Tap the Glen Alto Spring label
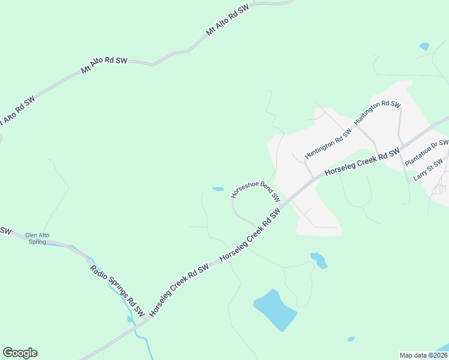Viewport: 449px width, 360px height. coord(35,238)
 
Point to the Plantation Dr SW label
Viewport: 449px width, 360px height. coord(427,153)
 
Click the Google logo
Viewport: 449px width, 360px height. coord(20,353)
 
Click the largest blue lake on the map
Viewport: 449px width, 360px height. coord(275,309)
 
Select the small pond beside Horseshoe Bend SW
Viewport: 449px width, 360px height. coord(218,189)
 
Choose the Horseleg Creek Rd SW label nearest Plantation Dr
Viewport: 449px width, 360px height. coord(362,163)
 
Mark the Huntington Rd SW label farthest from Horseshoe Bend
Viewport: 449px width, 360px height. coord(377,113)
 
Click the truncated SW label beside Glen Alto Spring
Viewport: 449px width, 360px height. coord(5,230)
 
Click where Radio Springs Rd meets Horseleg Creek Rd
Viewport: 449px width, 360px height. coord(146,320)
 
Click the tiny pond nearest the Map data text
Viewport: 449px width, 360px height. coord(351,339)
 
